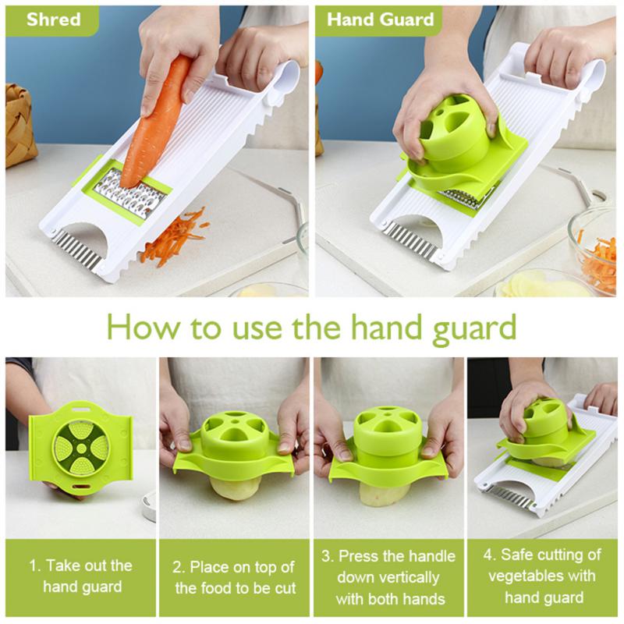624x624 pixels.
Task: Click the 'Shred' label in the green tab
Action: (x=52, y=19)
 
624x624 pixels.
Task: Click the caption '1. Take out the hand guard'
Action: (x=81, y=576)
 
